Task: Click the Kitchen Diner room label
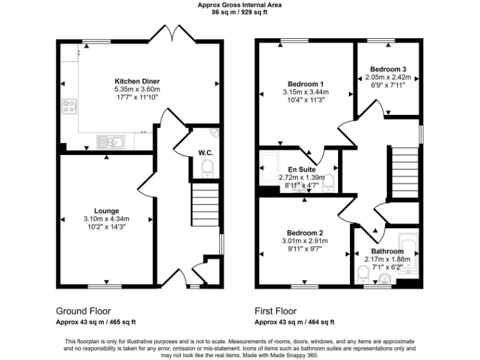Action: tap(137, 81)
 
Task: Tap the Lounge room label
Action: tap(106, 211)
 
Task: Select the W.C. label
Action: tap(206, 152)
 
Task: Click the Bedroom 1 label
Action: tap(305, 84)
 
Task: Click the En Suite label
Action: tap(301, 169)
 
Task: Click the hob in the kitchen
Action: tap(69, 107)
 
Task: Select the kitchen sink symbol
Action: tap(111, 142)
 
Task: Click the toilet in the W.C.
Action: tap(208, 167)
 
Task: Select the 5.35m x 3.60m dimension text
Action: tap(137, 89)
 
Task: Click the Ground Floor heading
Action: tap(83, 311)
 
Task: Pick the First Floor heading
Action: tap(276, 311)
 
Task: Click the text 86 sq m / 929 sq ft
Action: tap(239, 11)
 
